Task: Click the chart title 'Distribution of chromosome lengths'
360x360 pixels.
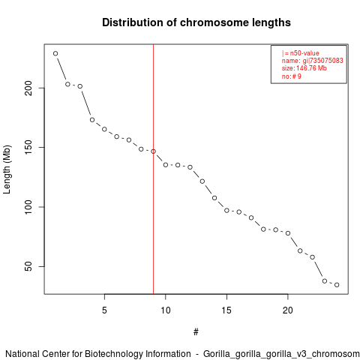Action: pos(196,22)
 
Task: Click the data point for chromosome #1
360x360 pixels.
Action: pos(55,53)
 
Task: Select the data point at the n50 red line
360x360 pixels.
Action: pos(153,151)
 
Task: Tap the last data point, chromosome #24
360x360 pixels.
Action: pos(337,285)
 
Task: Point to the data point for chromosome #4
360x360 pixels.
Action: pos(92,120)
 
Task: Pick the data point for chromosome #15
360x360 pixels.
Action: pos(226,211)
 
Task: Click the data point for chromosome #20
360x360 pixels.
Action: pos(288,233)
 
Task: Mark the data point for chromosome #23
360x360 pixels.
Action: pos(325,281)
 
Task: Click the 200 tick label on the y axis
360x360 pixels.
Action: pos(29,88)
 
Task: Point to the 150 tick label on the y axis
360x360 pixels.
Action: pos(29,148)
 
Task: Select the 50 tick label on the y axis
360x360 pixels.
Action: pos(29,266)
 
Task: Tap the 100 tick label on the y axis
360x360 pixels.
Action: pos(29,207)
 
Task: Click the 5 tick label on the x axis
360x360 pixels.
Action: pos(104,310)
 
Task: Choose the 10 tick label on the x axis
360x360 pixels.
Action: pos(166,310)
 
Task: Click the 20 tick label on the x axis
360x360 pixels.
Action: pos(288,310)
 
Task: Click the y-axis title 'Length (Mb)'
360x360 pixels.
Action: pos(7,169)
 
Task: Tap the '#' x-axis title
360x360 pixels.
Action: pos(196,332)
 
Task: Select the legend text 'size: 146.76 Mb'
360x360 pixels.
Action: pos(304,68)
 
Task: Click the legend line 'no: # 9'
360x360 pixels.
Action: pos(292,76)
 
